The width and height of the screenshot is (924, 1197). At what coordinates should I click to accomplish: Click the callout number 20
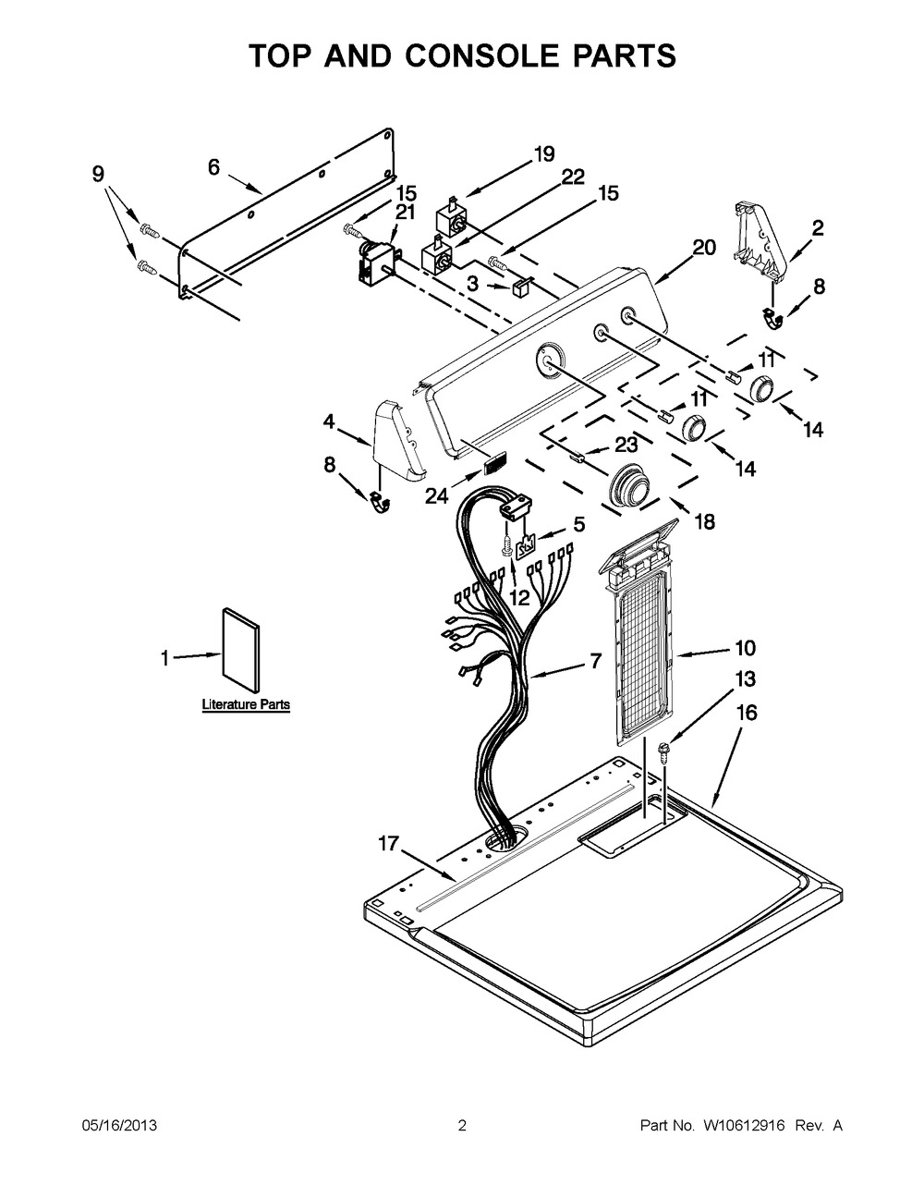click(704, 247)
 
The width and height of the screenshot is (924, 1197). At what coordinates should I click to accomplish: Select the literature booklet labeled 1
click(239, 648)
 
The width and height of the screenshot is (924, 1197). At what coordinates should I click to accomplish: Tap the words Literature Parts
click(246, 704)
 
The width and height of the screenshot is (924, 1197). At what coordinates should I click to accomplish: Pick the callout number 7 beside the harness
click(595, 661)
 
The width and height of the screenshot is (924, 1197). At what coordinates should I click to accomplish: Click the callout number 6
click(213, 167)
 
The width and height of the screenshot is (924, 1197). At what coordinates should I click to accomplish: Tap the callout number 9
click(98, 173)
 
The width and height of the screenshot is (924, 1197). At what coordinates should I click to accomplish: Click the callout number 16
click(746, 713)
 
